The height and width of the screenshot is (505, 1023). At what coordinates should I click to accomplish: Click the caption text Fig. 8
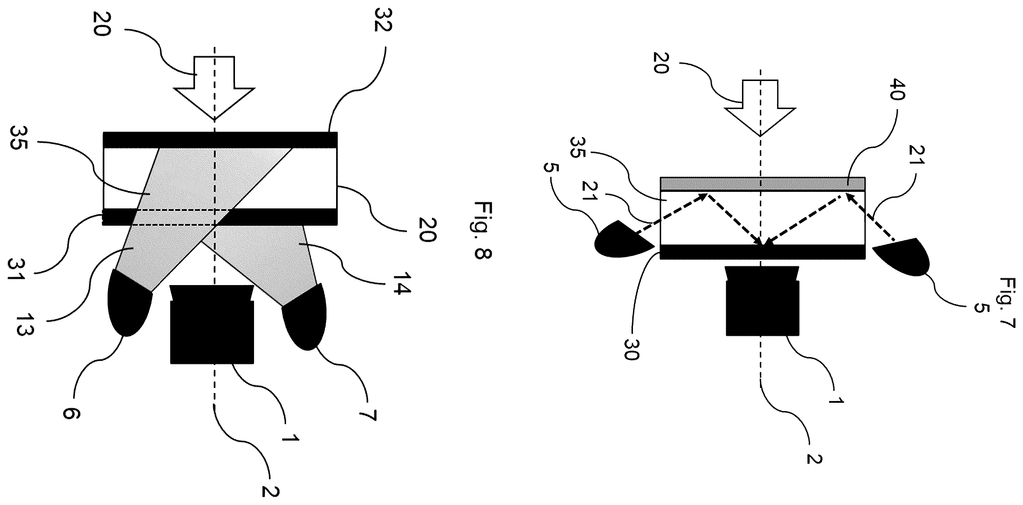click(483, 230)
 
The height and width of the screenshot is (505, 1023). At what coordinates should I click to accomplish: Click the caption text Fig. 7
click(1008, 303)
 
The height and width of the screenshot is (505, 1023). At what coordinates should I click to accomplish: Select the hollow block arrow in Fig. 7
click(760, 108)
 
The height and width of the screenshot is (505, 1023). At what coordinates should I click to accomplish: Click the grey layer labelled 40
click(762, 184)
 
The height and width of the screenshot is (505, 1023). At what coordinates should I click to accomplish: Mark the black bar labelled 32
click(220, 140)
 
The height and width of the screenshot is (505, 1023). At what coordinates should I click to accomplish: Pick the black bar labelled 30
click(762, 252)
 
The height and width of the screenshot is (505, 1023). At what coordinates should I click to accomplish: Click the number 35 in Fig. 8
click(18, 137)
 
